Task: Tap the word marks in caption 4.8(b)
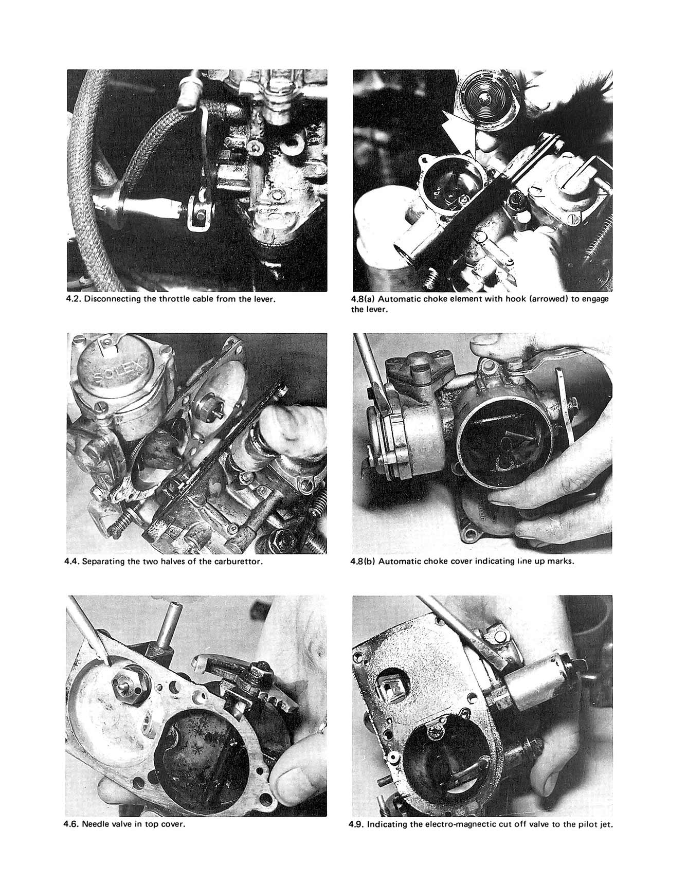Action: [x=562, y=561]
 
